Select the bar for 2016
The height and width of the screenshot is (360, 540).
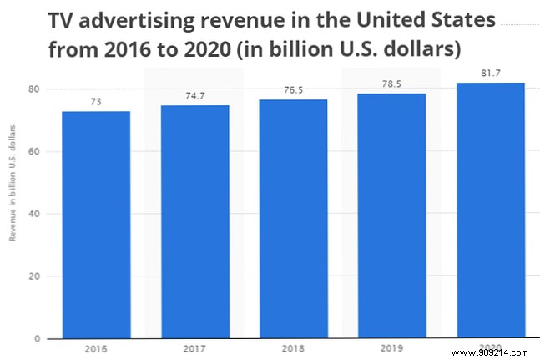tap(95, 225)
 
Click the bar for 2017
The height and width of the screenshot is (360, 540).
tap(194, 222)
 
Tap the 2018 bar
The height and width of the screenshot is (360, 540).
tap(293, 219)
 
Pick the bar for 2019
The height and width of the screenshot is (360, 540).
tap(391, 215)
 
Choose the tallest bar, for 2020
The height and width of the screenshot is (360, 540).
tap(490, 210)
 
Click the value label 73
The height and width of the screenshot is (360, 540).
tap(95, 102)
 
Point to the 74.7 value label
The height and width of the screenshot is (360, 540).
tap(194, 97)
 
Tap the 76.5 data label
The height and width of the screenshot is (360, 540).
tap(293, 91)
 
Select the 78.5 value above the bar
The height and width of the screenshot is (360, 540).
tap(391, 84)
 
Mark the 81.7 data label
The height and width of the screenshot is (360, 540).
tap(490, 74)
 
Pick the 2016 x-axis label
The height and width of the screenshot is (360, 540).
tap(95, 350)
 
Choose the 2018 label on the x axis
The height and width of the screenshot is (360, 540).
tap(293, 350)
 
